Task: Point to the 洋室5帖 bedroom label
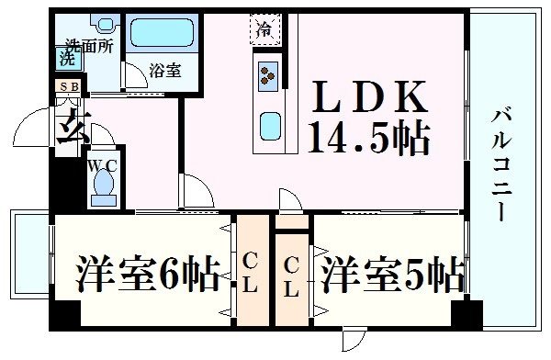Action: click(391, 273)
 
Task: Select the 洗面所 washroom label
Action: click(89, 45)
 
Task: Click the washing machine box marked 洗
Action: click(67, 58)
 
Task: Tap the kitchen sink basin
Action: click(269, 121)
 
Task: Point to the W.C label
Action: click(102, 166)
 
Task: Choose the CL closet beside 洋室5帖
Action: click(292, 276)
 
